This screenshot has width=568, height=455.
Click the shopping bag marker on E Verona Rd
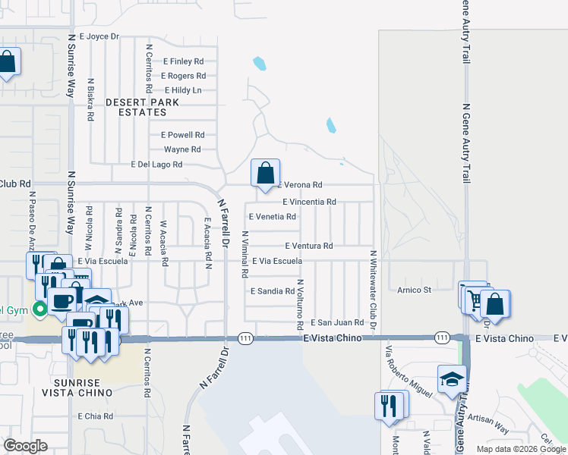point(265,174)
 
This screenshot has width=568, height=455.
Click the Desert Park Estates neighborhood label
point(142,107)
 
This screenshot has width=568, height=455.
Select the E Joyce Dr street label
point(94,36)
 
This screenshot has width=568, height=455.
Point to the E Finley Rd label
point(183,61)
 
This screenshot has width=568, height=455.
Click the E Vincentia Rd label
point(309,202)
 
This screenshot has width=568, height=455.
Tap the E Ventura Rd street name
point(309,246)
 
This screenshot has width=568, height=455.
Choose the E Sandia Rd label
point(272,291)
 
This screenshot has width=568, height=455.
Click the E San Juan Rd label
point(336,322)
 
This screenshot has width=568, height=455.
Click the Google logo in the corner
point(25,446)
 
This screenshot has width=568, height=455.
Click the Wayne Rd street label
point(182,149)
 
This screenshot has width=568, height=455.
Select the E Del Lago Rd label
point(156,164)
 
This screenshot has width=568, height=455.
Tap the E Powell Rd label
point(183,134)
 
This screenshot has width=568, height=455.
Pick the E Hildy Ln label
point(183,90)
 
